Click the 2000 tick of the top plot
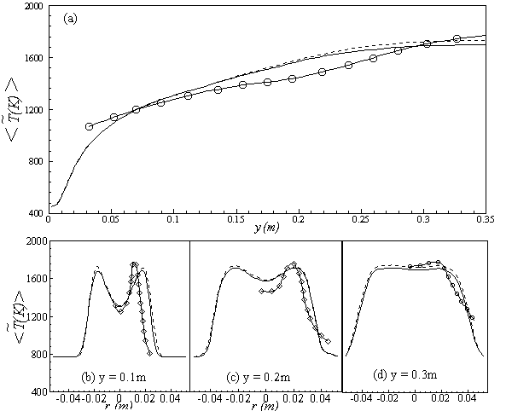tap(34, 6)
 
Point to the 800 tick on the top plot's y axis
tap(38, 162)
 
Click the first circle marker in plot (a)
tap(89, 126)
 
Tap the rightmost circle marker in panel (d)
tap(471, 317)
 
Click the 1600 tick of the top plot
tap(34, 58)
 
